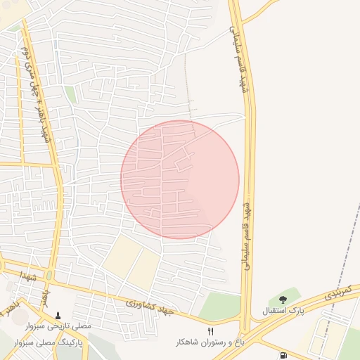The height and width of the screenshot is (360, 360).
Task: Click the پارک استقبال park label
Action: coord(282,310)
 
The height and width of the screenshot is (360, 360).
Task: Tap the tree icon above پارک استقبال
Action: coord(283,300)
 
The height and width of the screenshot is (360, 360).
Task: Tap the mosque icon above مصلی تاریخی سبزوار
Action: coord(58,316)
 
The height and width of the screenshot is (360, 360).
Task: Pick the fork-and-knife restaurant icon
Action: coord(210,331)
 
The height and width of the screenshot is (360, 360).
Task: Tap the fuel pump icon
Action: coord(283,355)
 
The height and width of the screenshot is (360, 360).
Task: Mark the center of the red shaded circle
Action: coord(180,179)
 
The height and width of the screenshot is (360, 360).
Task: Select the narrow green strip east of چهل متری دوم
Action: coord(70,95)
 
